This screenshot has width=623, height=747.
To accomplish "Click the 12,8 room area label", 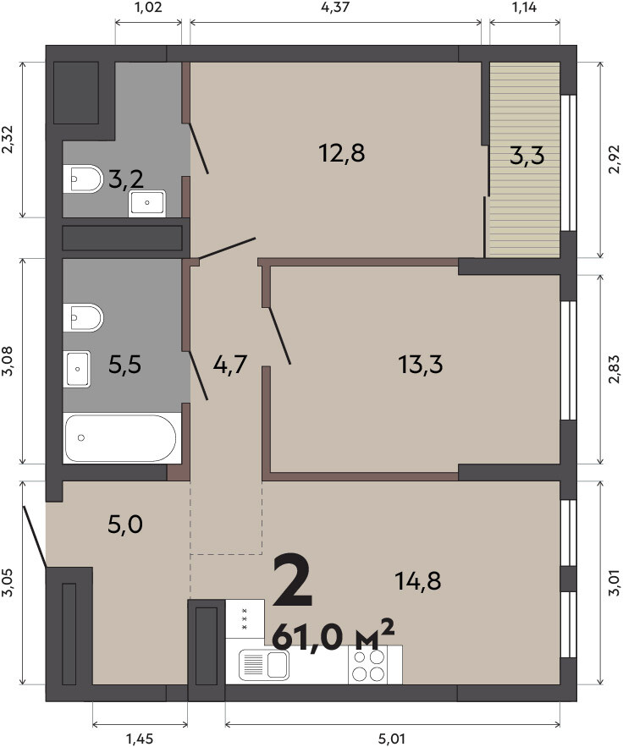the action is point(341,153).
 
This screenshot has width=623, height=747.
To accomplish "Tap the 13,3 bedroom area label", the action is point(421,365).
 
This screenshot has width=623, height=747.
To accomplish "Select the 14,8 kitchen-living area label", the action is point(418,580).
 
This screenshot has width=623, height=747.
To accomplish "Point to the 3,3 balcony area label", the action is point(527,156).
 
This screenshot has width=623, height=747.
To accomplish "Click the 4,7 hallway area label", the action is point(229,365).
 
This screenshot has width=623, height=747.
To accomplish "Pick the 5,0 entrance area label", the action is point(125,525).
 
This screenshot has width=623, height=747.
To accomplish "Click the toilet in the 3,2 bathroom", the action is point(83,179).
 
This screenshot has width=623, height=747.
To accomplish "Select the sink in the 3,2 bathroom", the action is point(146,203).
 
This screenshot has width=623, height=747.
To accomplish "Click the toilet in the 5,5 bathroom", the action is point(83,317).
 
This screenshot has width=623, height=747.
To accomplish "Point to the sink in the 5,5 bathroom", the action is point(77,369).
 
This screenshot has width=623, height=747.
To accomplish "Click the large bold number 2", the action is point(293,580).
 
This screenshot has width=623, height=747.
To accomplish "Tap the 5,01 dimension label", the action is point(391,739).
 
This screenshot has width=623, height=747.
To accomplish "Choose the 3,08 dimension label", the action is point(8,360).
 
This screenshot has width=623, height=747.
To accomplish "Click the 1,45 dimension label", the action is point(140,739).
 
